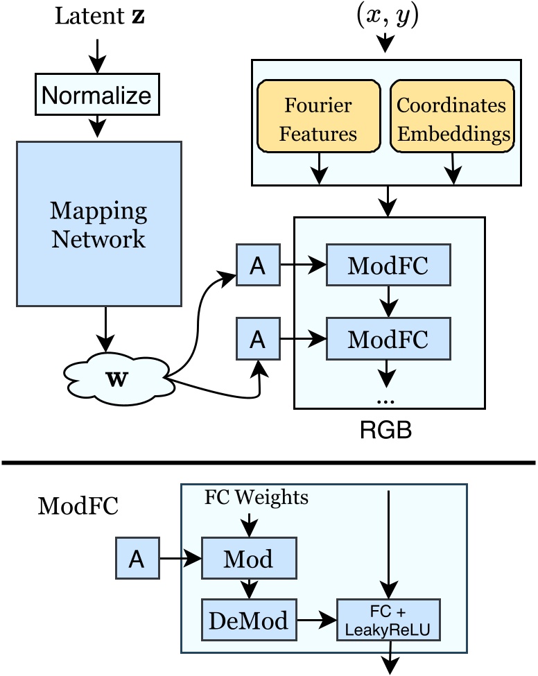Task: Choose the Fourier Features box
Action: point(319,119)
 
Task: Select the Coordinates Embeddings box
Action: point(452,119)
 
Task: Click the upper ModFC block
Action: point(388,266)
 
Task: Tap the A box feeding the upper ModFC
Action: point(258,265)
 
